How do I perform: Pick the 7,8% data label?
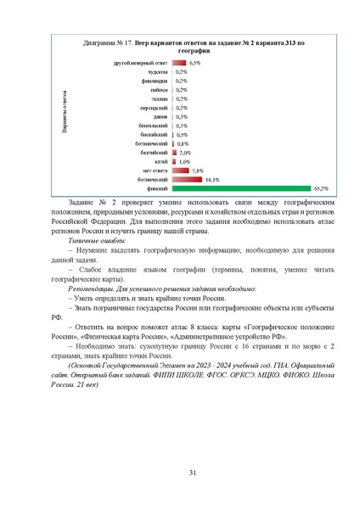[197, 171]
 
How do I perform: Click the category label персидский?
[154, 109]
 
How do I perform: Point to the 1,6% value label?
[184, 161]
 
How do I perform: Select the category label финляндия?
[154, 81]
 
